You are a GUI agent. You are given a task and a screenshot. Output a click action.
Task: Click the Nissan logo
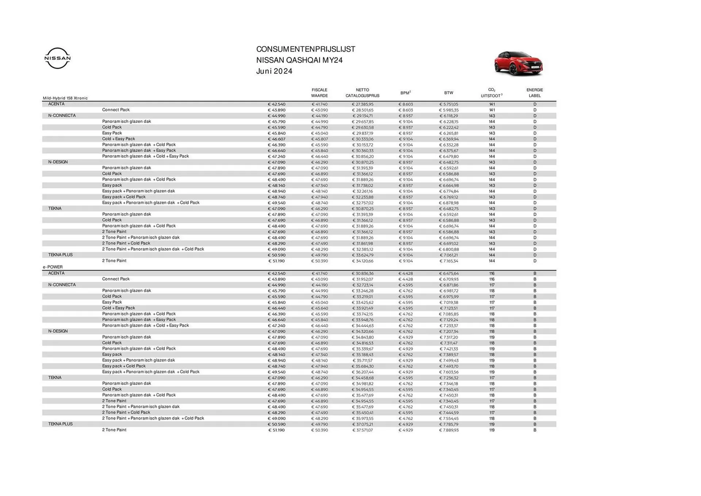click(58, 58)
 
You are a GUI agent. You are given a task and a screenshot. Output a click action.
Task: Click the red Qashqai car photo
click(518, 64)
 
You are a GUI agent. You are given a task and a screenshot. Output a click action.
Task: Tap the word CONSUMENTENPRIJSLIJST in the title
click(306, 49)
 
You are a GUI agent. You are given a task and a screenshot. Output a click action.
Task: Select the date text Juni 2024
click(274, 71)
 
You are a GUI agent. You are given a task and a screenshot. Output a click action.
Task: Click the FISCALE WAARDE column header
click(319, 93)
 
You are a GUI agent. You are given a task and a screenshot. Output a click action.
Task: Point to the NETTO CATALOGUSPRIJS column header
click(362, 93)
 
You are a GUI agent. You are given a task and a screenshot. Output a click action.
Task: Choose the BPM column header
click(405, 93)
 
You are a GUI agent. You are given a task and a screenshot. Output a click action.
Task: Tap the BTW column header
click(448, 93)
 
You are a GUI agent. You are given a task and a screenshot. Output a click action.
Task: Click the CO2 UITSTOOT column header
click(491, 93)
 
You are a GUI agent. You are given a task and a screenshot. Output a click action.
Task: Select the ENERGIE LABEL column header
click(535, 93)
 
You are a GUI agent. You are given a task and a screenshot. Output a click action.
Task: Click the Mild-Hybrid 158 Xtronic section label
click(65, 98)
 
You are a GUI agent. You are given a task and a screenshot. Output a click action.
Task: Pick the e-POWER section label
click(53, 267)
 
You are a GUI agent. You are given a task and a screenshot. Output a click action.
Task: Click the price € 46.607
click(276, 139)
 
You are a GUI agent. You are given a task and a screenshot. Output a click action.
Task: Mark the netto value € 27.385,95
click(363, 104)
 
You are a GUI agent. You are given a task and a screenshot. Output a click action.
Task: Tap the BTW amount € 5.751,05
click(448, 104)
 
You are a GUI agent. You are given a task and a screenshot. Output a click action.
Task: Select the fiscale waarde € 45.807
click(319, 139)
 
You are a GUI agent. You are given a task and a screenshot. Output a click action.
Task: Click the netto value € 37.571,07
click(363, 430)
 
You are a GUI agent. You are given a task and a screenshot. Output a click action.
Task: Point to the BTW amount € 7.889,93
click(448, 430)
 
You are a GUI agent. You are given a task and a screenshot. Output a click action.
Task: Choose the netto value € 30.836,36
click(363, 273)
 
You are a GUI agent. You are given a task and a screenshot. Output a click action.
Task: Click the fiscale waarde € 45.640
click(319, 308)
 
